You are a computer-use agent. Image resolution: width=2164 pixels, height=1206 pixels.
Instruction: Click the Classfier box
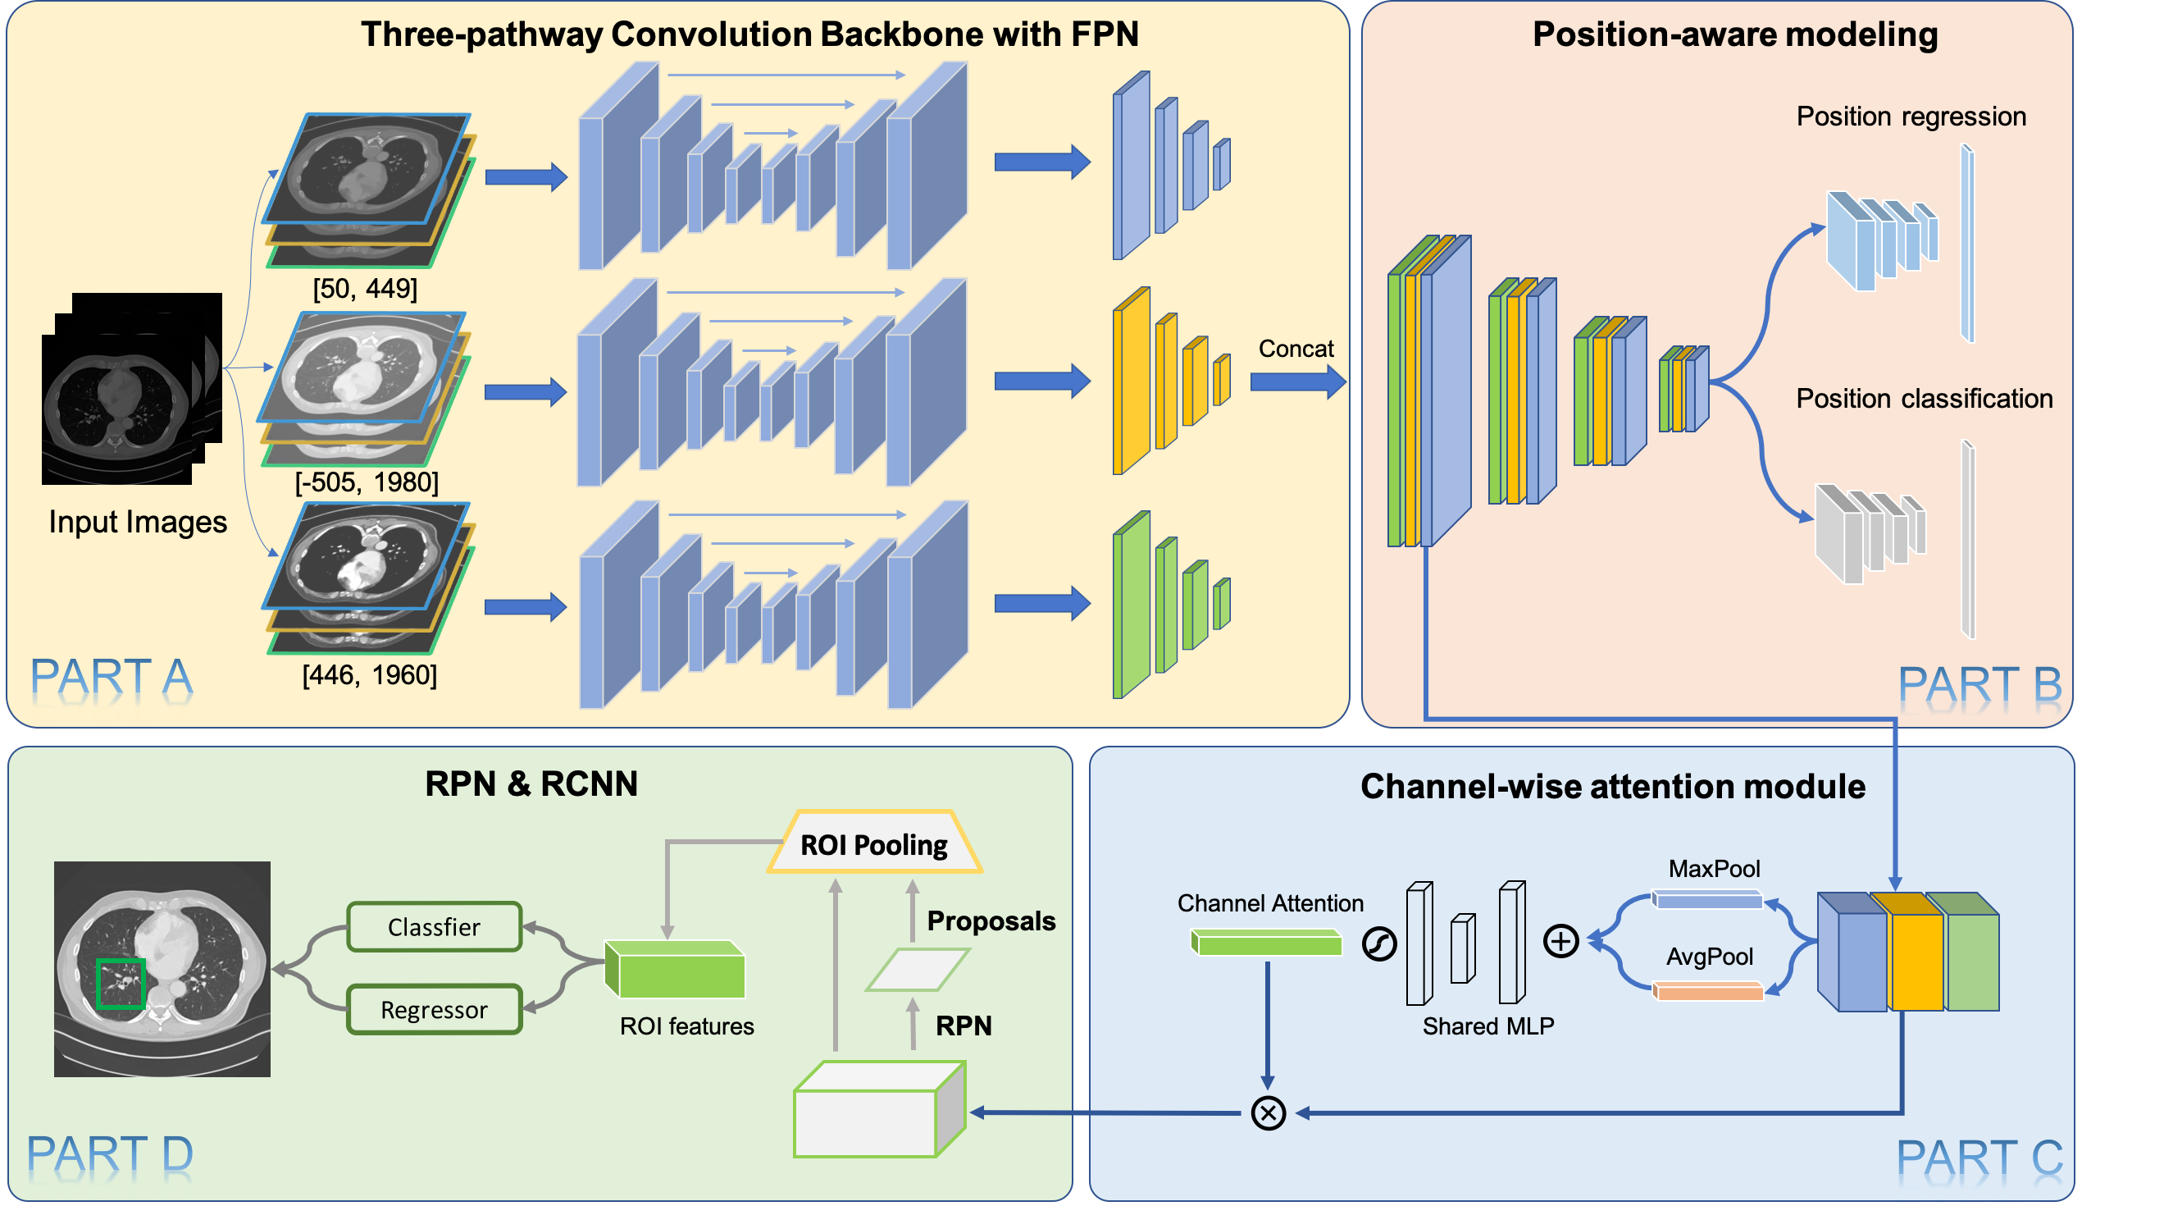pyautogui.click(x=435, y=927)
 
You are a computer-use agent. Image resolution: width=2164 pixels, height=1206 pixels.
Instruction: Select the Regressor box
pyautogui.click(x=435, y=1009)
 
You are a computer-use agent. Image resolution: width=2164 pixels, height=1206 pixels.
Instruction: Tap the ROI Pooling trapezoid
pyautogui.click(x=873, y=843)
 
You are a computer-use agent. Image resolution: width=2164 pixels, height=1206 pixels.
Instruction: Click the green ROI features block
pyautogui.click(x=677, y=971)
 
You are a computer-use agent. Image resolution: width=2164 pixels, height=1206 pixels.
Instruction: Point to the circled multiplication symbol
pyautogui.click(x=1268, y=1112)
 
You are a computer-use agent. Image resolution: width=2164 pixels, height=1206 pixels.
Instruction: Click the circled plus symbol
pyautogui.click(x=1560, y=941)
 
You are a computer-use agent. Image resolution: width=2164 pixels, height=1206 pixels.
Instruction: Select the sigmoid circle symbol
pyautogui.click(x=1378, y=943)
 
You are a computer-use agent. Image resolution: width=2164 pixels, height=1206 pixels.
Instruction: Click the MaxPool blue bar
pyautogui.click(x=1707, y=900)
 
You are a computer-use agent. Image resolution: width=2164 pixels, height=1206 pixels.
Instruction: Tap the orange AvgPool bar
pyautogui.click(x=1708, y=992)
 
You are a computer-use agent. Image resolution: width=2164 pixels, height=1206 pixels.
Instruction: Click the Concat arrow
pyautogui.click(x=1297, y=382)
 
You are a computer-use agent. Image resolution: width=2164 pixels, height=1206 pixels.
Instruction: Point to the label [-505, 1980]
pyautogui.click(x=367, y=482)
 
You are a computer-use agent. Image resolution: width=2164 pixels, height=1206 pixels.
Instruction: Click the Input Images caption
pyautogui.click(x=138, y=522)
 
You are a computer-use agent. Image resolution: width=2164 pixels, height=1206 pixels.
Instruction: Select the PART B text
pyautogui.click(x=1980, y=684)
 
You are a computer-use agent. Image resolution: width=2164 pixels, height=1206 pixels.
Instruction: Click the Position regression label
pyautogui.click(x=1911, y=116)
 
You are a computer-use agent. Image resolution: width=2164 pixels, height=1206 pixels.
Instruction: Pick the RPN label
pyautogui.click(x=964, y=1026)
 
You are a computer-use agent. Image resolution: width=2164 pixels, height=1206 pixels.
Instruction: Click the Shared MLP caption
pyautogui.click(x=1487, y=1026)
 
